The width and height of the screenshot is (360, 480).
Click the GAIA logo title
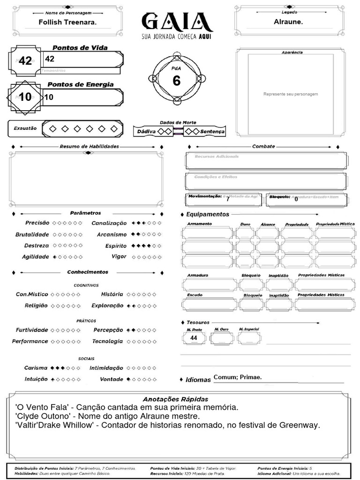[177, 22]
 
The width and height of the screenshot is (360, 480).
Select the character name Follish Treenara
[67, 22]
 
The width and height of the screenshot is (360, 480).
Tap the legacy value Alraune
[288, 22]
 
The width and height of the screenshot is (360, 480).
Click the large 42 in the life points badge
[25, 61]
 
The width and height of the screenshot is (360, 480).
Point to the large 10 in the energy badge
[25, 97]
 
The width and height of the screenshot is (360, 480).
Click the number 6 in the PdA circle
[176, 81]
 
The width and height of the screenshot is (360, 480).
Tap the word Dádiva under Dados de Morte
[146, 132]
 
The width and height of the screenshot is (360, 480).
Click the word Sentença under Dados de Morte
[212, 132]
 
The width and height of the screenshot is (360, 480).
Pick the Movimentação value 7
[228, 199]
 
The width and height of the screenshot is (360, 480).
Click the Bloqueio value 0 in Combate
[296, 199]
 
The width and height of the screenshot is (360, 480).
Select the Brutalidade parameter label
[32, 234]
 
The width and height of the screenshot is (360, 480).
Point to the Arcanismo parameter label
[112, 234]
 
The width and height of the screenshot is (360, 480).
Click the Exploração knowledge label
[107, 306]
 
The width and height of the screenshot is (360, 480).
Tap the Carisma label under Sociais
[36, 368]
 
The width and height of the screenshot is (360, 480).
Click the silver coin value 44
[194, 337]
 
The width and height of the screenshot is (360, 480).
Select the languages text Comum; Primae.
[237, 377]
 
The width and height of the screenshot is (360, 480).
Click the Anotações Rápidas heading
[175, 399]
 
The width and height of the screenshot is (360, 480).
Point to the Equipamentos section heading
[208, 214]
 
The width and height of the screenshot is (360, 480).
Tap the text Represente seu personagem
[291, 94]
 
